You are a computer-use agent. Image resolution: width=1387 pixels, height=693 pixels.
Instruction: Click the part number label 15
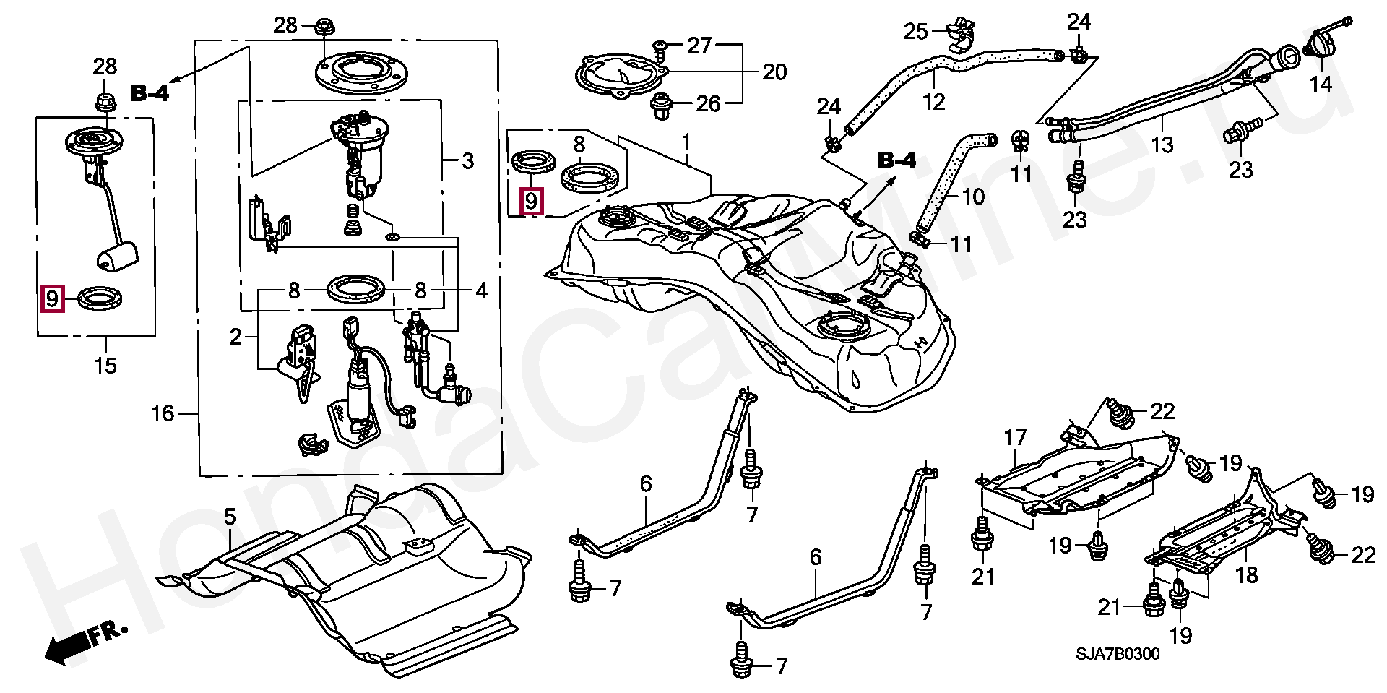click(x=105, y=365)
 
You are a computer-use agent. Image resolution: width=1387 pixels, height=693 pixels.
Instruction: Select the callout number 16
click(x=163, y=413)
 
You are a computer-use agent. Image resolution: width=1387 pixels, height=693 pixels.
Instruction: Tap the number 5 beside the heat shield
click(x=230, y=517)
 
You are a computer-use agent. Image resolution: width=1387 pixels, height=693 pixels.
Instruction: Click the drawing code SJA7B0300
click(x=1118, y=655)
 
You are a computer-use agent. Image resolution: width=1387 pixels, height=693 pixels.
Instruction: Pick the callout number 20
click(x=774, y=72)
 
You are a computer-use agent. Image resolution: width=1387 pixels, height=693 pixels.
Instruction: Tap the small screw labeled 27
click(x=660, y=48)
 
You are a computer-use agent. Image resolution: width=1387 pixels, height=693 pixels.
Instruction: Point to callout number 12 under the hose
click(x=934, y=102)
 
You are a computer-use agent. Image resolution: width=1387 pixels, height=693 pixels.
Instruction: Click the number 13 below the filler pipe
click(x=1162, y=145)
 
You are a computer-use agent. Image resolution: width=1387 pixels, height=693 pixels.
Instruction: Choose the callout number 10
click(x=974, y=196)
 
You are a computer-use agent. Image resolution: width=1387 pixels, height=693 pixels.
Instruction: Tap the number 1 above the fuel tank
click(x=686, y=142)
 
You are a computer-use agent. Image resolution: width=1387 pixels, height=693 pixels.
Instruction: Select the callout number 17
click(x=1016, y=437)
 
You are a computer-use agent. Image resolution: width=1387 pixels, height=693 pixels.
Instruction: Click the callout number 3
click(x=467, y=160)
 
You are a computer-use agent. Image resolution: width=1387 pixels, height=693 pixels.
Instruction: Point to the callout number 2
click(x=236, y=337)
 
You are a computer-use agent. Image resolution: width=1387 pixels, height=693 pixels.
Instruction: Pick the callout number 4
click(x=482, y=291)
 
